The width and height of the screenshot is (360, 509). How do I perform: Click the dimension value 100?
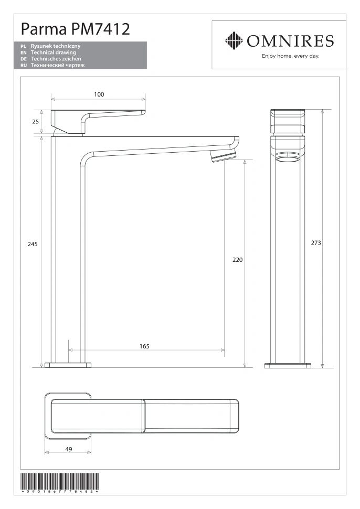(x=99, y=94)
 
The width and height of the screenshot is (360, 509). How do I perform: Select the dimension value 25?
(x=35, y=122)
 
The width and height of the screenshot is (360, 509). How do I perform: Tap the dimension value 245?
(x=33, y=244)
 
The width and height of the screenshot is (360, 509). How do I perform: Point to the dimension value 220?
(x=238, y=260)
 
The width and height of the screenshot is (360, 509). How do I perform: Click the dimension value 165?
(x=144, y=346)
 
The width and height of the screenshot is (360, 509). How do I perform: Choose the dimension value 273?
(x=316, y=243)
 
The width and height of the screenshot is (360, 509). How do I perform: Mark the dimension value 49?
(x=69, y=449)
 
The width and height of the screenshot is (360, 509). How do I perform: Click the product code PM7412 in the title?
(x=101, y=29)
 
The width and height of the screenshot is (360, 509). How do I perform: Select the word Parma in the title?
(x=44, y=29)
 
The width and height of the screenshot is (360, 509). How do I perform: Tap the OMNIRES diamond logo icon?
(x=234, y=40)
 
